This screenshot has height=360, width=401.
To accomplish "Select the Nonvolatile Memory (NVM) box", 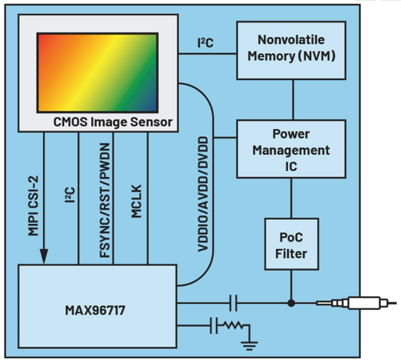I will tap(291, 49).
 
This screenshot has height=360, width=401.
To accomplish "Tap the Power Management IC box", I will tap(291, 150).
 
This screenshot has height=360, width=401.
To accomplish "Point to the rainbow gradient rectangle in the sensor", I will tap(97, 71).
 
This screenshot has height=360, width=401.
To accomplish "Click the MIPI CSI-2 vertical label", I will tap(34, 200).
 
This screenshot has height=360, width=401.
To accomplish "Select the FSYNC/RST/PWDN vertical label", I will tap(105, 200).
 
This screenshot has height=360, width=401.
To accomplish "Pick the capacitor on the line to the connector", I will tap(233, 304).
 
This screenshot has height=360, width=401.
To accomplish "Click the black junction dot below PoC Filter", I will tap(291, 304).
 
